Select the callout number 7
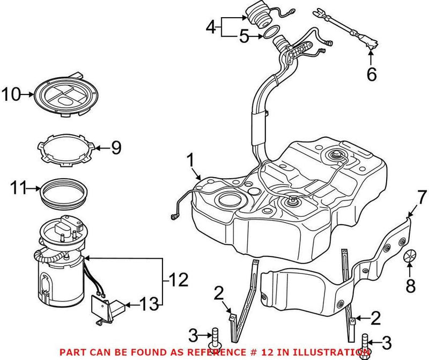(421, 197)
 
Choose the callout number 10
(10, 95)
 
